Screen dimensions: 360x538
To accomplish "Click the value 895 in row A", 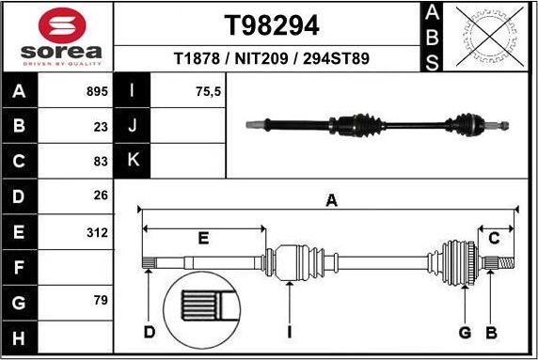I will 97,92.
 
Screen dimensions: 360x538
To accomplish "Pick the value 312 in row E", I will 97,231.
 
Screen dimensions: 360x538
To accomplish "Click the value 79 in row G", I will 101,301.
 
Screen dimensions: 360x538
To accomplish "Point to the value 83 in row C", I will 101,162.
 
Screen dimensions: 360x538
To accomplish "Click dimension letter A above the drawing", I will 330,199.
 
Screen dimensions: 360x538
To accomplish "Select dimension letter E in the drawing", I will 202,238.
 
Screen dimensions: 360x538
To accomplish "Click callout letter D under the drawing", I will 149,332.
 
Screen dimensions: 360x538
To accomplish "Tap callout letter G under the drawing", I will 465,332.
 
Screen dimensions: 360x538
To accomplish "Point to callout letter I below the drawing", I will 290,332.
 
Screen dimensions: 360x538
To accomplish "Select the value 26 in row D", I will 101,196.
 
